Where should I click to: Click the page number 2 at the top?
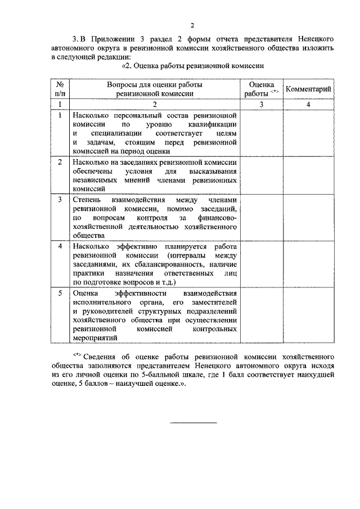(x=192, y=25)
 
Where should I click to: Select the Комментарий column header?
(x=308, y=89)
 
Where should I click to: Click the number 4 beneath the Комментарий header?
(x=308, y=105)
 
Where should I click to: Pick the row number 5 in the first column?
(x=60, y=293)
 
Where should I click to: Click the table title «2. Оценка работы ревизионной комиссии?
(x=193, y=66)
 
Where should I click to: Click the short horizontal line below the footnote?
(x=193, y=422)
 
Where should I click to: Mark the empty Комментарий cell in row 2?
(x=308, y=175)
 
